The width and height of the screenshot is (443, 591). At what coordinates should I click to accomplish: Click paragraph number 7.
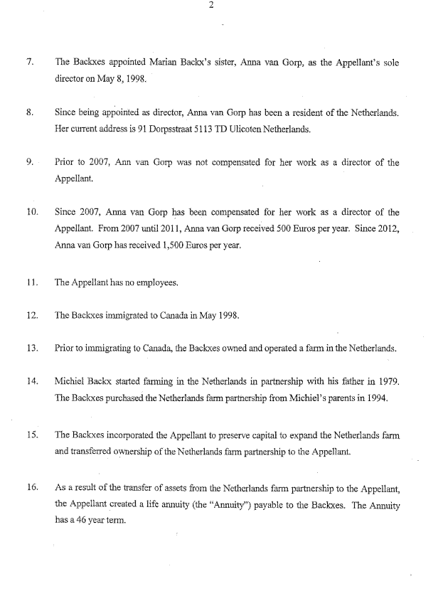(x=29, y=63)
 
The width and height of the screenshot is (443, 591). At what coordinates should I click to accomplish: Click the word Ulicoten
(x=237, y=130)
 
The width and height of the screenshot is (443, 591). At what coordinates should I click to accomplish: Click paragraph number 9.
(x=29, y=163)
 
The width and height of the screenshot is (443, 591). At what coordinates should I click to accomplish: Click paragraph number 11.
(x=31, y=282)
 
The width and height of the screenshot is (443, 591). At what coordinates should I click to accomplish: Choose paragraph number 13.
(x=31, y=348)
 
